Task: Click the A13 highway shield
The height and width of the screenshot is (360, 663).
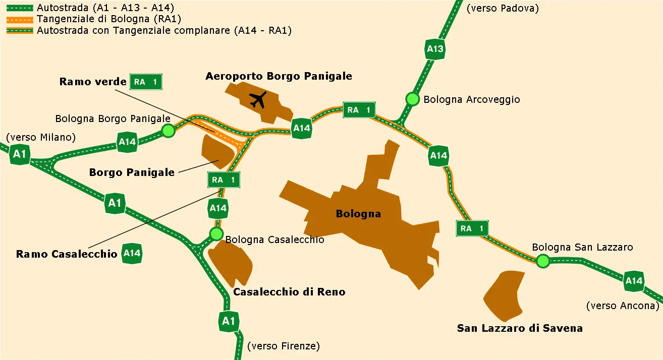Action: (x=435, y=49)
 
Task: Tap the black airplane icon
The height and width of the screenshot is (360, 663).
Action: (x=259, y=99)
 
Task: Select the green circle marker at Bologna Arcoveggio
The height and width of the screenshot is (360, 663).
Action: (x=413, y=99)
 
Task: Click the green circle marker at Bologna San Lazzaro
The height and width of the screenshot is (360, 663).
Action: (x=542, y=261)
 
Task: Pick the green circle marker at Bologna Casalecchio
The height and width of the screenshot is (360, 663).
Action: (x=216, y=234)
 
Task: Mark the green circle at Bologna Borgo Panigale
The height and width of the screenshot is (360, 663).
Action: (x=168, y=131)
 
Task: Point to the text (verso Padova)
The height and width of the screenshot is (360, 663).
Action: (x=503, y=8)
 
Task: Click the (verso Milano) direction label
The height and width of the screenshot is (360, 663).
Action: (x=40, y=137)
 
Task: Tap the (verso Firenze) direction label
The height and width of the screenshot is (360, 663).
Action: (x=284, y=346)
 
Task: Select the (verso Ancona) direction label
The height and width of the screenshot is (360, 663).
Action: (x=623, y=306)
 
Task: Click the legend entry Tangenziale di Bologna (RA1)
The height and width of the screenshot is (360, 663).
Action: (x=108, y=19)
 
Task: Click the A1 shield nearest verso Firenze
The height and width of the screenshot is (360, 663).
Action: (x=229, y=321)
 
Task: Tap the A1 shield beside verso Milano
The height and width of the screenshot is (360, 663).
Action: (x=20, y=154)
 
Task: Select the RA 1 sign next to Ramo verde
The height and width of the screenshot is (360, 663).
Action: (x=146, y=81)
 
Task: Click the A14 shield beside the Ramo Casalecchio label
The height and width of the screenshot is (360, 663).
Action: (x=132, y=253)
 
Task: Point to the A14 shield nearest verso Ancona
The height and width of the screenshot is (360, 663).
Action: (x=634, y=281)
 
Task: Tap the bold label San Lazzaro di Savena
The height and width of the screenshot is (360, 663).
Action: (x=520, y=328)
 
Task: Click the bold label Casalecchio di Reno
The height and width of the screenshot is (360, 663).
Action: (x=289, y=292)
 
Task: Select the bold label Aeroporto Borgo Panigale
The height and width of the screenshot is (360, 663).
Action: (x=279, y=76)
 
